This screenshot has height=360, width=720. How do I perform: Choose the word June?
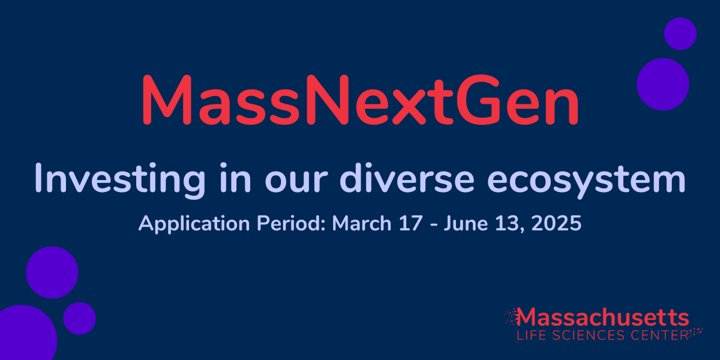(464, 224)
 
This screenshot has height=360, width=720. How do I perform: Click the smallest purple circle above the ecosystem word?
(680, 33)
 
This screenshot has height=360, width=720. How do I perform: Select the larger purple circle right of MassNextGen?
(662, 84)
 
